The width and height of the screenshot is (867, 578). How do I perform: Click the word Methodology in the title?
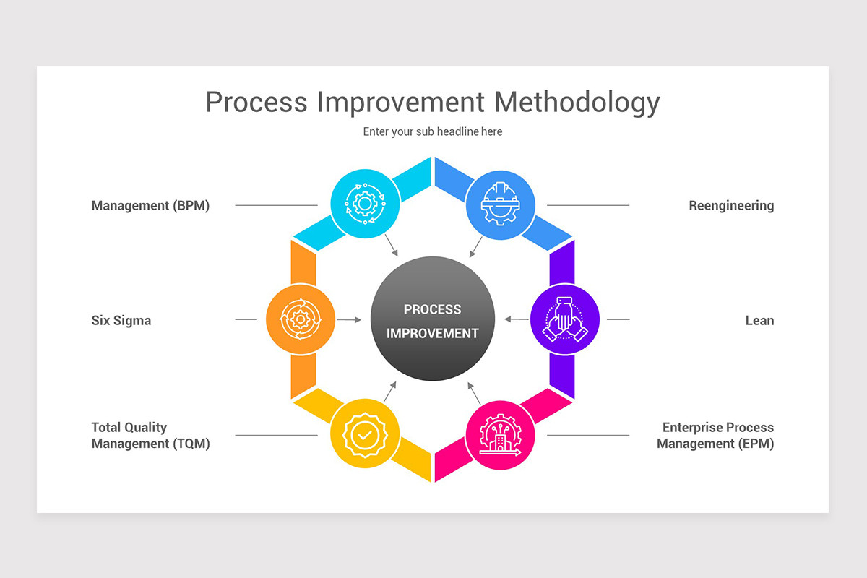[577, 103]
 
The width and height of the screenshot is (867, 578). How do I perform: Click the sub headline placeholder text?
[432, 131]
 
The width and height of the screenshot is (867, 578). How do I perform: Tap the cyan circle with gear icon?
[365, 204]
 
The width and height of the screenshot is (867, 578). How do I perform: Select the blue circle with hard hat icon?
[500, 204]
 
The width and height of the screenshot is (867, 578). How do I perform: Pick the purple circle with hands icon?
[565, 319]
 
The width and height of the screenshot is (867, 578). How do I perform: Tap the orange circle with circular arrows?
[300, 319]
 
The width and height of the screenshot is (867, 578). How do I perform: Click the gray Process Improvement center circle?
[432, 319]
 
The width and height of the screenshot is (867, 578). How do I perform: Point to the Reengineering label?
[731, 206]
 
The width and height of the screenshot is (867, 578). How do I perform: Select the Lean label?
[759, 321]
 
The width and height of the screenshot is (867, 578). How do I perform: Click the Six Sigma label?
[121, 321]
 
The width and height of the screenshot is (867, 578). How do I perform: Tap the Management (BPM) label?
[150, 206]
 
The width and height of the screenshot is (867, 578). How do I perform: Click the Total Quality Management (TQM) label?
[150, 436]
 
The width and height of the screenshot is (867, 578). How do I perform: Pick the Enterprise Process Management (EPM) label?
[715, 436]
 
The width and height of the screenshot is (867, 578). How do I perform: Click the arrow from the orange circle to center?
[349, 319]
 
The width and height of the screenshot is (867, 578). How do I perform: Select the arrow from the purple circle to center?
[516, 319]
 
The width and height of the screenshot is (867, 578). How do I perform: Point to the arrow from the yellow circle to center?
[390, 391]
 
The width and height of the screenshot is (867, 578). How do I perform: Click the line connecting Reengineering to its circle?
[588, 205]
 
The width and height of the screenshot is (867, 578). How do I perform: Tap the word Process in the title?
[256, 103]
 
